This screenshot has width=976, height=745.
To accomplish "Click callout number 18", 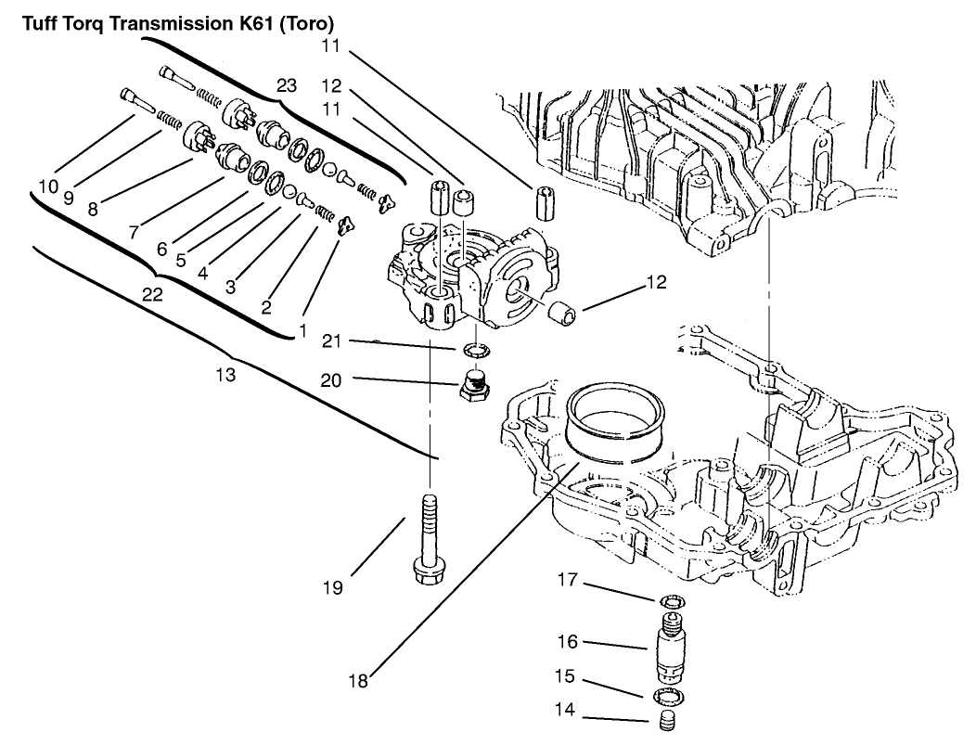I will coord(357,681).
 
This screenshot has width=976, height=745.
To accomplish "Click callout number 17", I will coord(567,582).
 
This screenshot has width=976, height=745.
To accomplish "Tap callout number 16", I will coord(567,642).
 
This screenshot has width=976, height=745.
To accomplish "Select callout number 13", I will coord(225,376).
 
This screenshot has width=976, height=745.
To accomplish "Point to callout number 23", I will coord(287,86).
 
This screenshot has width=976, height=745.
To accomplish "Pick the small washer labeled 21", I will coord(474,351).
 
